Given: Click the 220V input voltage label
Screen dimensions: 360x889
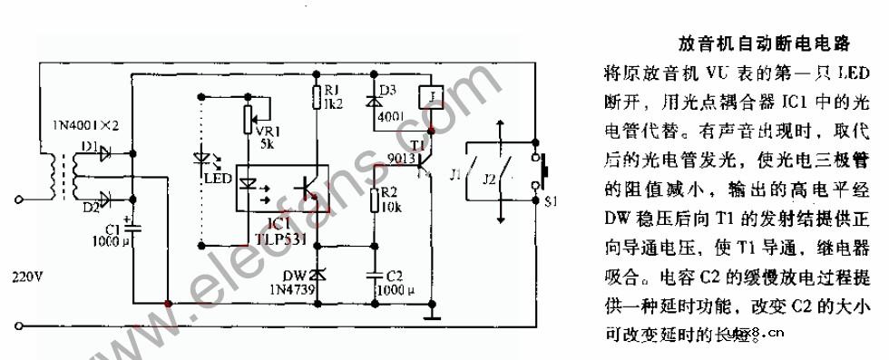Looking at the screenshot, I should pyautogui.click(x=24, y=280).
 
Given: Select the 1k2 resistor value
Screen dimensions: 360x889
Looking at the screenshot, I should pyautogui.click(x=333, y=103).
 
